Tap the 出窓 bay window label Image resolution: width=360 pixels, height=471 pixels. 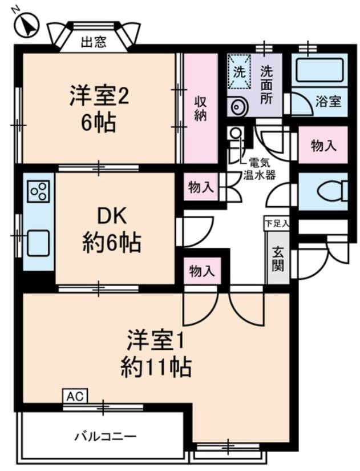(x=94, y=43)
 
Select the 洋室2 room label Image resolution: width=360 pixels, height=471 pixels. (x=99, y=108)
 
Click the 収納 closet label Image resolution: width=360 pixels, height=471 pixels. (x=201, y=108)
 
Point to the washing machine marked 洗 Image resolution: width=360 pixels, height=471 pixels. (x=238, y=74)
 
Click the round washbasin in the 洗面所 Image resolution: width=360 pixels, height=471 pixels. (x=237, y=106)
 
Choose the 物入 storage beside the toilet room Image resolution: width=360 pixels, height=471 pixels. (x=323, y=146)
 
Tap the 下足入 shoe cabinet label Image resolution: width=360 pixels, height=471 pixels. (x=276, y=223)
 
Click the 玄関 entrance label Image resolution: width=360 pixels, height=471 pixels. (x=278, y=259)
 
